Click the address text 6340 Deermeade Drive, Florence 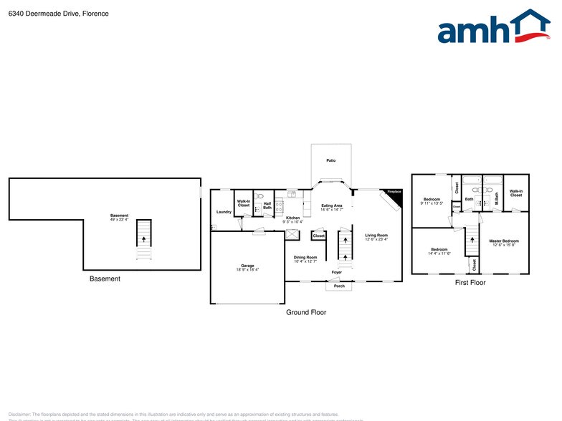59,13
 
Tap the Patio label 331,160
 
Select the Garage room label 247,267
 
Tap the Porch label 340,286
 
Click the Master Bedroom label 505,242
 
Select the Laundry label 224,212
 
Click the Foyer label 337,273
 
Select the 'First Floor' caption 470,283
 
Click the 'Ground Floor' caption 306,312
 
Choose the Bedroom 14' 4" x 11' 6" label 439,251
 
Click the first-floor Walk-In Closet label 516,193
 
